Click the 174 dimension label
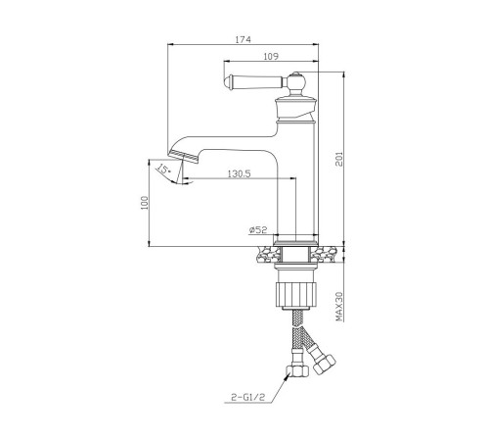244,39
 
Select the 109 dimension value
271,57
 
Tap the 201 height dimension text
339,159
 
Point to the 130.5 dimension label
239,174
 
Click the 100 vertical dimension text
145,203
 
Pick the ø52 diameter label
258,230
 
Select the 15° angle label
163,170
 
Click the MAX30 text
339,307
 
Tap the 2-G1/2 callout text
248,397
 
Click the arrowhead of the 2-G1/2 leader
288,376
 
